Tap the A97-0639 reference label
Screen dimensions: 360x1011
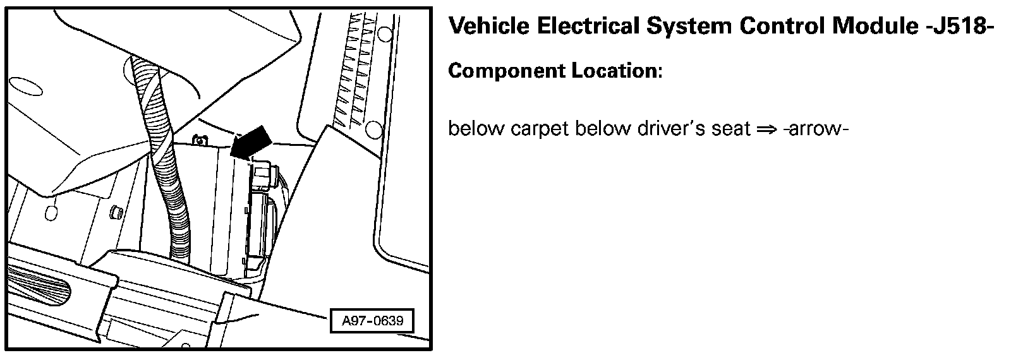click(372, 321)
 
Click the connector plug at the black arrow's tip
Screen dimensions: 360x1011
click(264, 173)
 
